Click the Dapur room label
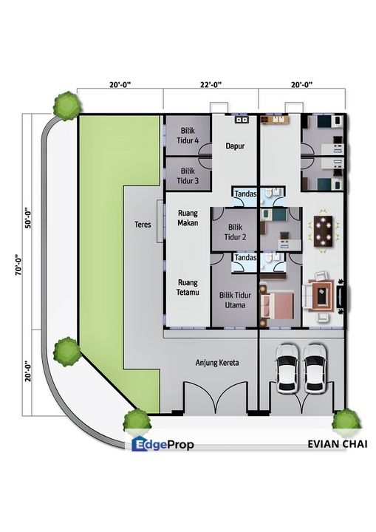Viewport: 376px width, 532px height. pos(235,146)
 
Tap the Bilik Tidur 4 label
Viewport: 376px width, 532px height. pos(188,135)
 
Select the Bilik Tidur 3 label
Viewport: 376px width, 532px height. pos(188,176)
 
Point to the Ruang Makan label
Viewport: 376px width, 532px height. pos(188,218)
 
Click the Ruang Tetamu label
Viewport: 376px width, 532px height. pos(188,287)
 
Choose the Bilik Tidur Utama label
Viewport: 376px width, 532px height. pos(235,300)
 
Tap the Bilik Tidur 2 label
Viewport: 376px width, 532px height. pos(235,232)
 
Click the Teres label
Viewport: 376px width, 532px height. pos(143,225)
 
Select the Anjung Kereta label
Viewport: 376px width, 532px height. pos(217,363)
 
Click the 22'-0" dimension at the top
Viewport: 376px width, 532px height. pos(211,84)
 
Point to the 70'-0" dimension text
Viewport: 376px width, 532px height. pos(19,265)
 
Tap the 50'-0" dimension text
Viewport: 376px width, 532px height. pos(28,217)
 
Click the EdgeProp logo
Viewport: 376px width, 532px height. pos(163,444)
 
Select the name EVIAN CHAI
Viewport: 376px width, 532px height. pos(338,444)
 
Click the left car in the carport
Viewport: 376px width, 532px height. pos(287,369)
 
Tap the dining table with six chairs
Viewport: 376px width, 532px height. pos(324,231)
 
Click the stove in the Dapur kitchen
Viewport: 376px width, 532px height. pos(242,119)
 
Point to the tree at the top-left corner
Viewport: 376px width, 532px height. pos(67,106)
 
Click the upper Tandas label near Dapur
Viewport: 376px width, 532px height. pos(245,194)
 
